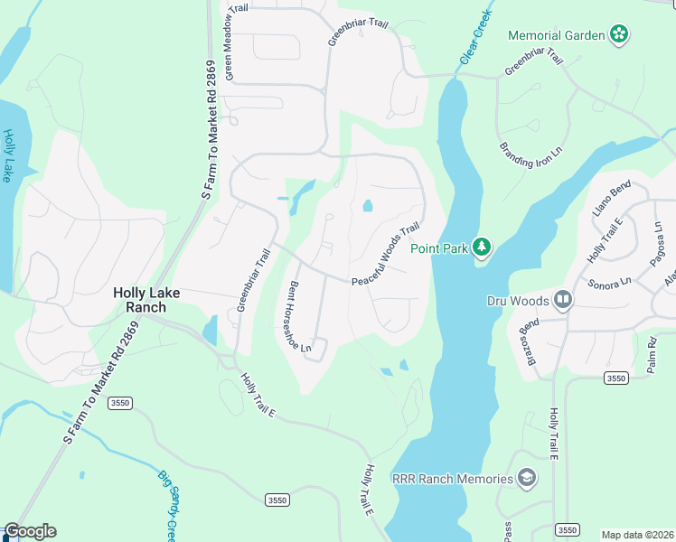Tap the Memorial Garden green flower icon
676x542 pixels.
[619, 34]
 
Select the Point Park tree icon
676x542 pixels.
[483, 247]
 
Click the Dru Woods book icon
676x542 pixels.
[563, 299]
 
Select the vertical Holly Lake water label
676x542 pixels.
[10, 155]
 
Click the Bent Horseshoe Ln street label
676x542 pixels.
[299, 317]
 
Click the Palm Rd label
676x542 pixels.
[652, 352]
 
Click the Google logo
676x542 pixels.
[30, 531]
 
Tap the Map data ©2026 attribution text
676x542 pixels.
[637, 535]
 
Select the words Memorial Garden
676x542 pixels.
[555, 34]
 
